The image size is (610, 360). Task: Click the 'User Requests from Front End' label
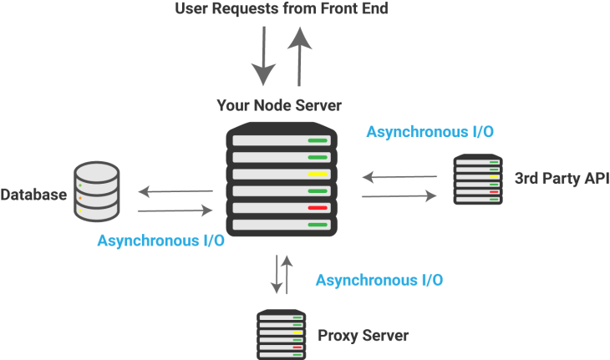pos(282,10)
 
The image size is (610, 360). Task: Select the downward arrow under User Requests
pos(264,55)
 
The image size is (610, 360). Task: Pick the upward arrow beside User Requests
pos(297,52)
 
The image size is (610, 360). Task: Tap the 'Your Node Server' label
pos(279,105)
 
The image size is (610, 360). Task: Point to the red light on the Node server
pos(317,208)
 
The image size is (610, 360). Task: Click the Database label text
pos(33,195)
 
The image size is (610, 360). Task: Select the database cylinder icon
pos(97,191)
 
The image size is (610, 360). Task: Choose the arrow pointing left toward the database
pos(175,192)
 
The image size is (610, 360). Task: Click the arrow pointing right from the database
pos(175,211)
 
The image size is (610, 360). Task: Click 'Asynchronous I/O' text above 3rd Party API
pos(430,132)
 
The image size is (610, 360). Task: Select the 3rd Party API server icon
pos(477,180)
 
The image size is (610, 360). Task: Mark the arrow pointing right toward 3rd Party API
pos(399,196)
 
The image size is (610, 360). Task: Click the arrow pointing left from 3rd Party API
pos(399,177)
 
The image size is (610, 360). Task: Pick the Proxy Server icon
pos(281,334)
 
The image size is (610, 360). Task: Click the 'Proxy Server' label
pos(363,337)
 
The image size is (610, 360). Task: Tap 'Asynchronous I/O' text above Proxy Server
pos(379,280)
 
